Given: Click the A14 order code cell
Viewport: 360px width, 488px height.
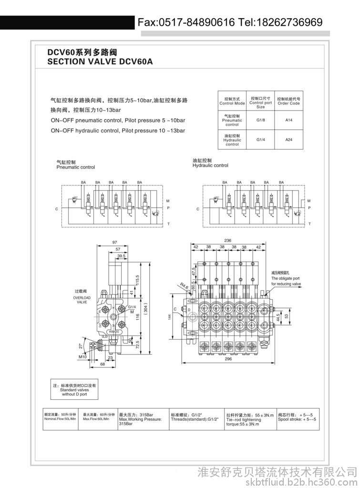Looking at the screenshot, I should [x=288, y=120].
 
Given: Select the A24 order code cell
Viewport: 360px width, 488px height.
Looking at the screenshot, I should [x=288, y=140].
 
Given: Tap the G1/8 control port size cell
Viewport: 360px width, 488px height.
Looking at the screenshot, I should [x=260, y=120].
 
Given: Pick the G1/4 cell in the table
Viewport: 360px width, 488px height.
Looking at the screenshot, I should [x=260, y=140].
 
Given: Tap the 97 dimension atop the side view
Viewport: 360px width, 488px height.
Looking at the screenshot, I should [x=114, y=243].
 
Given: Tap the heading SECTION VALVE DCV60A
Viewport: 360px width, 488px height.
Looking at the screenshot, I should [x=100, y=61].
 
